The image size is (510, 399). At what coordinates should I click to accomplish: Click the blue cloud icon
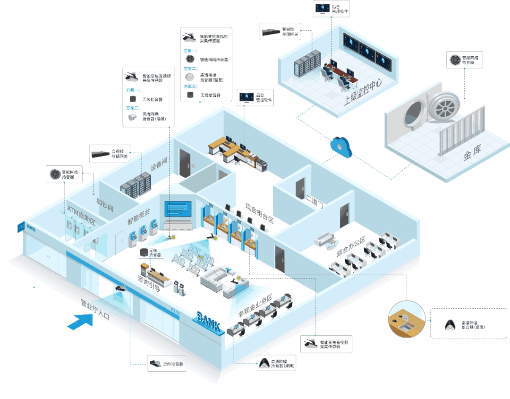click(x=341, y=147)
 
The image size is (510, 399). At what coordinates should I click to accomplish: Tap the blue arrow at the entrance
click(x=81, y=321)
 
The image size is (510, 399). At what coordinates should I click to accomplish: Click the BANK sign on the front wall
click(x=208, y=321)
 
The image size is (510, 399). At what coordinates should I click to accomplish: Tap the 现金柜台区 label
click(x=259, y=214)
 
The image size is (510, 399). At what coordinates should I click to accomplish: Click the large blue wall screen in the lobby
click(x=178, y=209)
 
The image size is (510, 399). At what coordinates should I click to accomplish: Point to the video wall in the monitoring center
click(x=368, y=51)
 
